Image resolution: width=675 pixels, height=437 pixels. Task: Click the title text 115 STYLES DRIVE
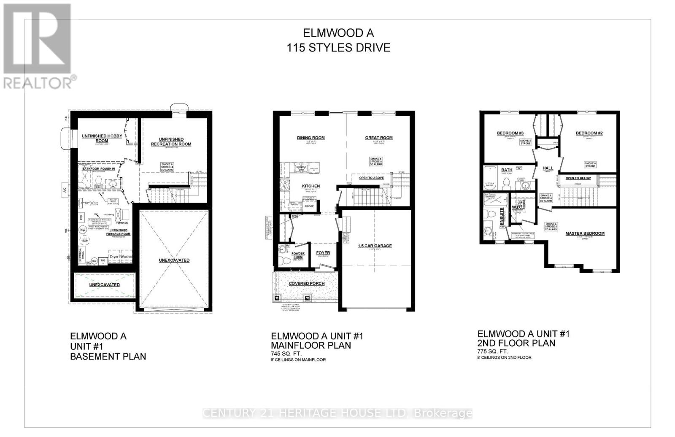point(338,47)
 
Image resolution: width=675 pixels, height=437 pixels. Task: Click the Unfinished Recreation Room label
point(171,141)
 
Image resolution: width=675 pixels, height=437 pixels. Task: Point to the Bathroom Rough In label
point(98,169)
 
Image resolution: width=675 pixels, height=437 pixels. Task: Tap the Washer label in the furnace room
point(127,256)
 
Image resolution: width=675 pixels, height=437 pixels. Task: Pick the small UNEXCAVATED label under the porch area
point(104,285)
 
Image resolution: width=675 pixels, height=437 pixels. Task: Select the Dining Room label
point(310,138)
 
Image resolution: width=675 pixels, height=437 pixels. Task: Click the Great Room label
point(378,138)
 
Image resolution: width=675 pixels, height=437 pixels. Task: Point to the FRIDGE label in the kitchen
point(309,206)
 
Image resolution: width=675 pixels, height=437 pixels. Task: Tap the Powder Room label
point(298,255)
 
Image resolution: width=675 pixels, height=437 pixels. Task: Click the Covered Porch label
point(306,283)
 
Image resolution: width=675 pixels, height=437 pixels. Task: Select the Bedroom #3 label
point(510,133)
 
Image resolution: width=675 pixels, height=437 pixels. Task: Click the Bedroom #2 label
point(589,133)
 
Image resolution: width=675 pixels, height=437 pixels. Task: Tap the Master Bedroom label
point(585,233)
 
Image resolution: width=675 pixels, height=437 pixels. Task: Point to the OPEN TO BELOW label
point(578,178)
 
